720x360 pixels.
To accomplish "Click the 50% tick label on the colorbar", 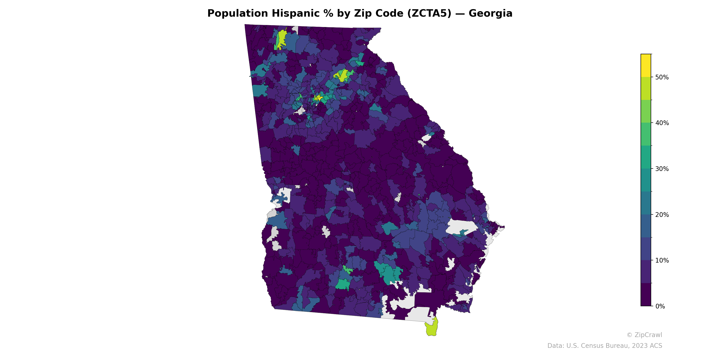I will point(662,77).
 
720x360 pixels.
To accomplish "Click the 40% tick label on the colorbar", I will point(662,123).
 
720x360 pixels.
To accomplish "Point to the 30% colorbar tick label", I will point(662,169).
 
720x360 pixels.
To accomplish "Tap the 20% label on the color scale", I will point(662,215).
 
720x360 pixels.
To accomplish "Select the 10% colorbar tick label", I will point(662,261).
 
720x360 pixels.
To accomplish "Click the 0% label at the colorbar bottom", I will point(660,306).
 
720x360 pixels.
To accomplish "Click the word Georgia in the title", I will point(490,13).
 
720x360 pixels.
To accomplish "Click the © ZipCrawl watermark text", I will point(644,335).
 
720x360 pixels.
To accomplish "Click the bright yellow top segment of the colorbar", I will point(646,65).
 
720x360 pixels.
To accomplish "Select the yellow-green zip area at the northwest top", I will point(282,38).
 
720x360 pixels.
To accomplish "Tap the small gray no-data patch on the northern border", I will point(295,29).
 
